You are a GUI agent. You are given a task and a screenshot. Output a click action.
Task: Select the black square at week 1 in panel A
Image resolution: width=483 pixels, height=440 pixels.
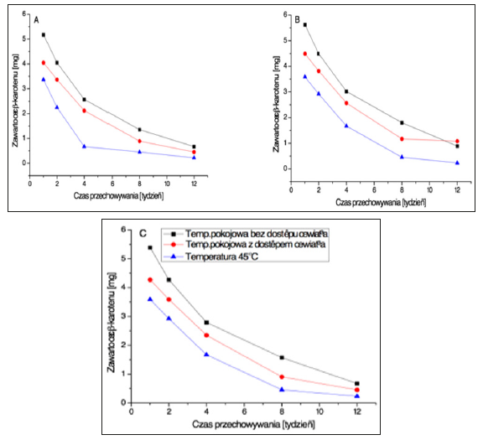click(43, 35)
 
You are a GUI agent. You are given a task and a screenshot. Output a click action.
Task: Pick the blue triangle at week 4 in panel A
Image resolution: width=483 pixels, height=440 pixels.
click(84, 147)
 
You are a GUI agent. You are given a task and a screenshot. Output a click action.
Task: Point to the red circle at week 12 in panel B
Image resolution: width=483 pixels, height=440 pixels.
click(456, 141)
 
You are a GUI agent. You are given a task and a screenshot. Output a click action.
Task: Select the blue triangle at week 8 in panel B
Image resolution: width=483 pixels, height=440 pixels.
click(402, 157)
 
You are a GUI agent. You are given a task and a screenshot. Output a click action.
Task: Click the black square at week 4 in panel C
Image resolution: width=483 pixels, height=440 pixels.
click(206, 323)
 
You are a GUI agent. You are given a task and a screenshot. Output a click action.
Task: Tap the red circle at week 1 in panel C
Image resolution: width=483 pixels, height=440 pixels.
click(150, 280)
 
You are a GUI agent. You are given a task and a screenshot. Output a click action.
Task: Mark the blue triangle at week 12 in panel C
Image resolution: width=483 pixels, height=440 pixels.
click(357, 396)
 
